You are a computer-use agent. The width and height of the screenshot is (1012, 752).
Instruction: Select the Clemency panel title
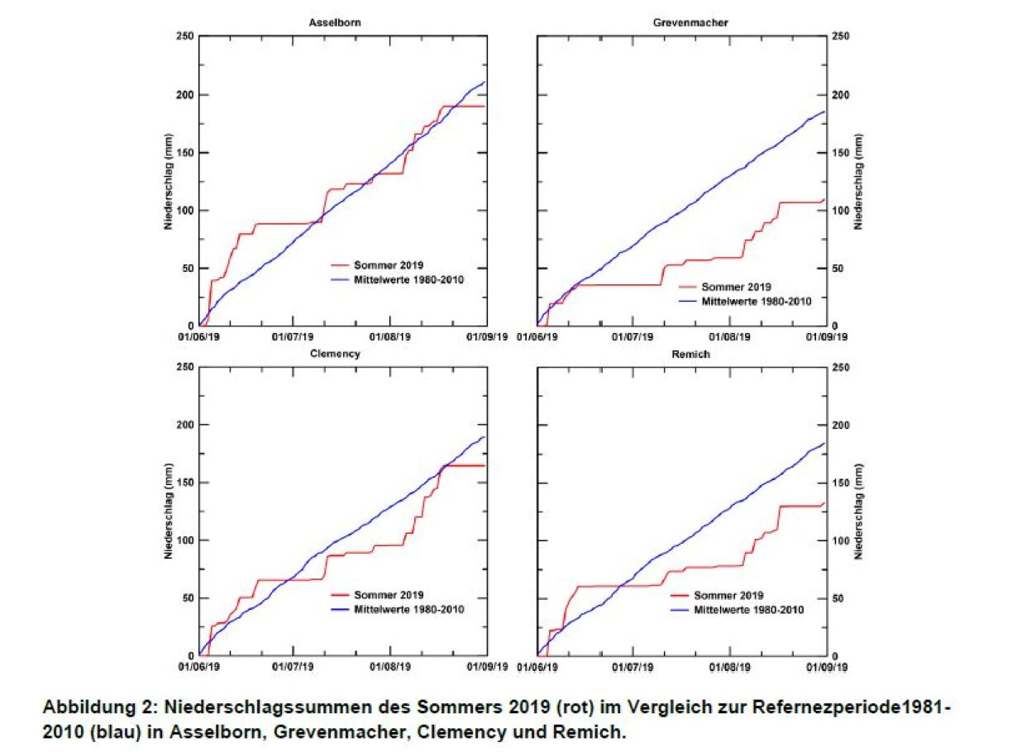[x=342, y=354]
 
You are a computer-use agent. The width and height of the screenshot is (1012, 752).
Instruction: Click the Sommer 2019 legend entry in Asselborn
[x=389, y=265]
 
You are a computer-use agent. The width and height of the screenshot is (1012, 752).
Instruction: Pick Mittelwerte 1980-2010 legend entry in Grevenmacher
[x=752, y=302]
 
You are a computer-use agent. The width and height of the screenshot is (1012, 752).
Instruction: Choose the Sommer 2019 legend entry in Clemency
[x=389, y=595]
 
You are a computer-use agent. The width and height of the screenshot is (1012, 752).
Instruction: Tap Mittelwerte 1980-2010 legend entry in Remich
[x=748, y=610]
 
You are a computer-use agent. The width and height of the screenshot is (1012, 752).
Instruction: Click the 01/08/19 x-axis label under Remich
[x=730, y=666]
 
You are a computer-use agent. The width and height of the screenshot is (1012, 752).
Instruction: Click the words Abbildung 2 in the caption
[x=91, y=708]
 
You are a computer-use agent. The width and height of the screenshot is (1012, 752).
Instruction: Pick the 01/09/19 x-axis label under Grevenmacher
[x=827, y=337]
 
